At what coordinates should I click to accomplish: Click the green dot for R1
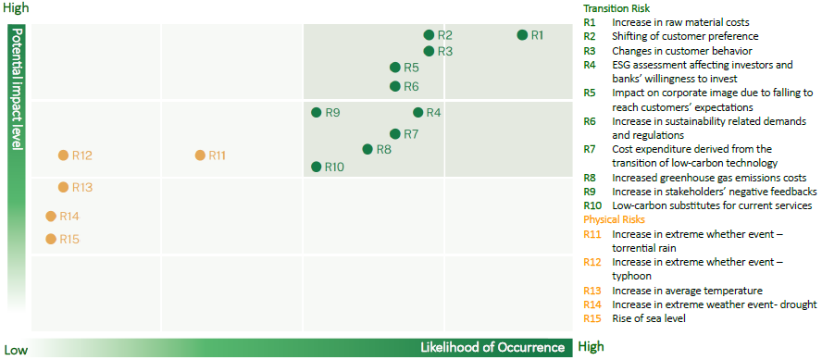(522, 35)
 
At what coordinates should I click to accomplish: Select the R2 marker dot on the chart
(429, 35)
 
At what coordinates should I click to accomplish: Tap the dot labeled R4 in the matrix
(417, 112)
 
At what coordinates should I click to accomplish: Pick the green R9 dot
(316, 112)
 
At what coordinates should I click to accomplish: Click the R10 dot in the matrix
(316, 167)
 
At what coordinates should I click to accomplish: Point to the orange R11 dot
(200, 155)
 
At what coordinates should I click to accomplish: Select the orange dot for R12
(63, 155)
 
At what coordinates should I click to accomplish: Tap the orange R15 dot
(51, 239)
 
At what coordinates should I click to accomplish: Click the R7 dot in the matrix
(395, 134)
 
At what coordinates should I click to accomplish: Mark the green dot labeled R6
(395, 86)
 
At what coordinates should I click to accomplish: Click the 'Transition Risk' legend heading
(616, 8)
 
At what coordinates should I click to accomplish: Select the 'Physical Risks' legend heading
(615, 219)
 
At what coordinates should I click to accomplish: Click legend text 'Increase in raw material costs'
(680, 22)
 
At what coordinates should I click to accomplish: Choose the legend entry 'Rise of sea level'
(649, 318)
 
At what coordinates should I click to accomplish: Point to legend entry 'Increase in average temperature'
(687, 291)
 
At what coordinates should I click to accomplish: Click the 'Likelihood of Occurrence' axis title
(492, 347)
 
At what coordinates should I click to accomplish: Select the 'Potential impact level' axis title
(18, 89)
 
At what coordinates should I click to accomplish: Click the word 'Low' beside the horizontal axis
(16, 350)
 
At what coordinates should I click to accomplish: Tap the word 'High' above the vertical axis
(17, 8)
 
